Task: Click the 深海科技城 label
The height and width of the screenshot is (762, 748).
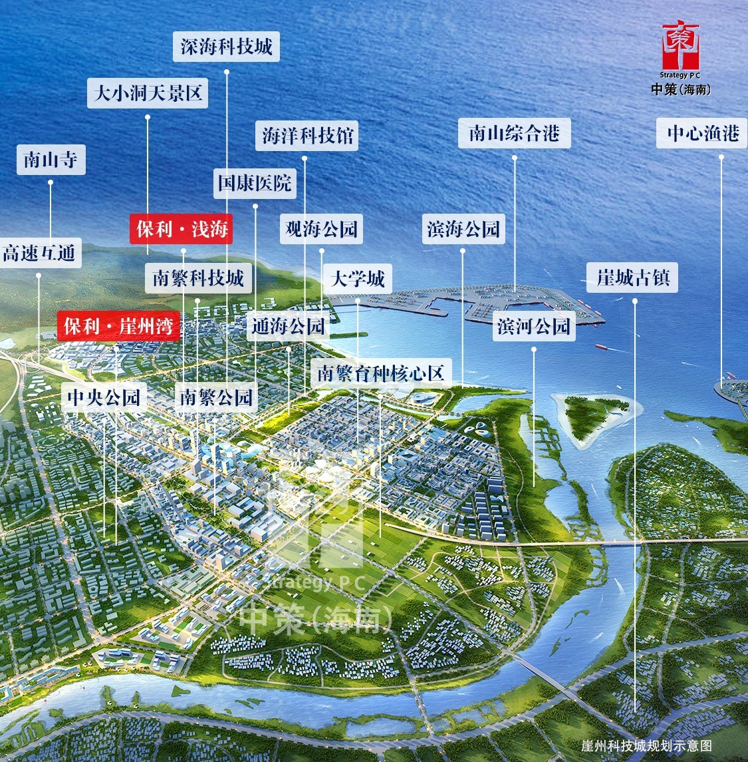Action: click(x=226, y=47)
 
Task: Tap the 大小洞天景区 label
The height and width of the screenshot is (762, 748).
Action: click(x=148, y=93)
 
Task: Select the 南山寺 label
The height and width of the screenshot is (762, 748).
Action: click(x=51, y=160)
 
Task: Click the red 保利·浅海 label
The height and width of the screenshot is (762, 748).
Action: click(x=182, y=229)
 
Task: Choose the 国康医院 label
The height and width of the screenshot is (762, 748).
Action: click(x=255, y=182)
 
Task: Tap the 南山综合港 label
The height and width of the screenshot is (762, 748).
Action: click(x=515, y=133)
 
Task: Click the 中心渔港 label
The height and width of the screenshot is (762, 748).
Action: click(x=703, y=133)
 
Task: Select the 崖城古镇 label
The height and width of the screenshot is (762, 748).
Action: click(x=632, y=277)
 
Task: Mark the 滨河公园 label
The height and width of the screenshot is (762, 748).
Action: click(x=534, y=326)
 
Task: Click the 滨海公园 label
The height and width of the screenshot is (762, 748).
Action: click(x=463, y=229)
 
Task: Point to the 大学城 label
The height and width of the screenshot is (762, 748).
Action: click(x=358, y=278)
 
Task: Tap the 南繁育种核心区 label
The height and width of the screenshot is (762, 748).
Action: click(x=380, y=373)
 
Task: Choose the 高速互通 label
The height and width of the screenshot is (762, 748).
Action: click(x=39, y=253)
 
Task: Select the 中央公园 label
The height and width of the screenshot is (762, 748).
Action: click(x=104, y=397)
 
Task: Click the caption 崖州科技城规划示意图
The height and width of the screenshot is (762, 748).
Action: click(x=646, y=745)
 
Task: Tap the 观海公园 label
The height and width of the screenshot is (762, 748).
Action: click(x=321, y=229)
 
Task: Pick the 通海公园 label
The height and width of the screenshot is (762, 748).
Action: click(x=289, y=326)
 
